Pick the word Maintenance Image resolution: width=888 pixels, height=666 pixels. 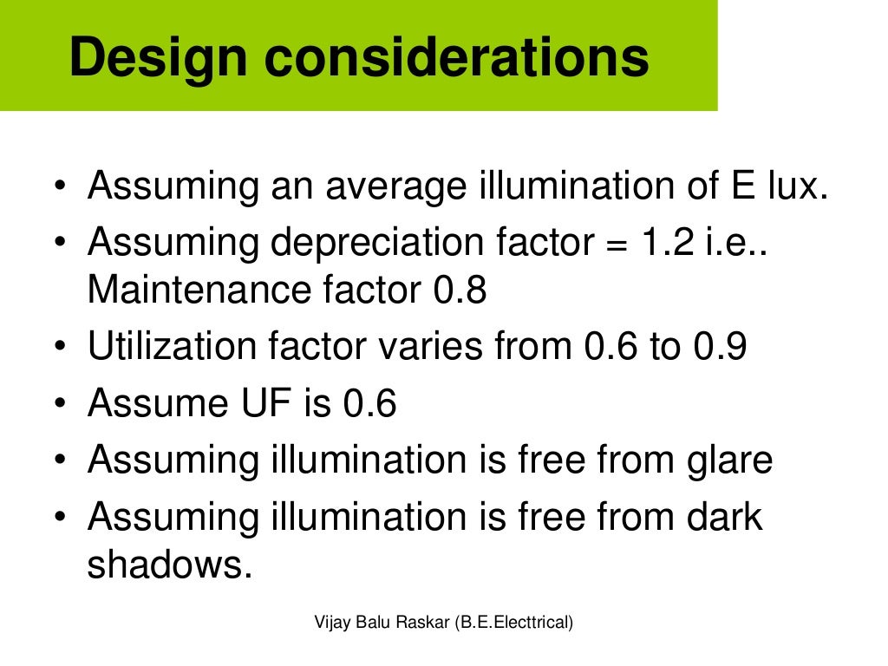192,291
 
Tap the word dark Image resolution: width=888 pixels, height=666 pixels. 725,517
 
